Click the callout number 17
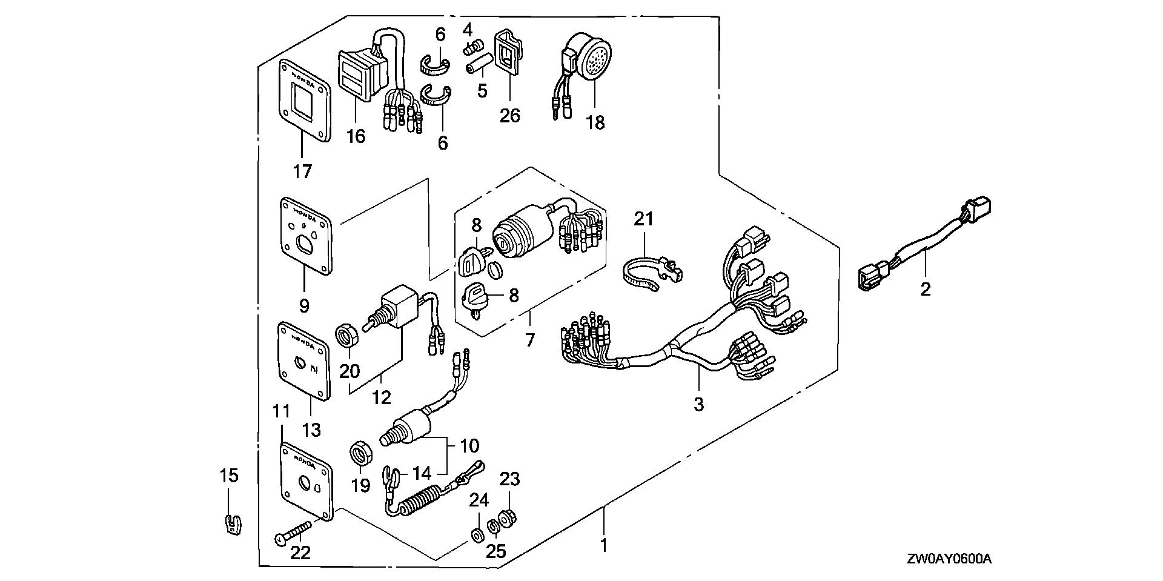[x=302, y=172]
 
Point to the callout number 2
[x=925, y=290]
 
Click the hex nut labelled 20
[x=348, y=334]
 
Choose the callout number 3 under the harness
[x=698, y=404]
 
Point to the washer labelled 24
[x=477, y=535]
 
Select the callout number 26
[x=510, y=115]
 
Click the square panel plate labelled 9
[x=306, y=239]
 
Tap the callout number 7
[x=530, y=340]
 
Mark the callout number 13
[x=311, y=431]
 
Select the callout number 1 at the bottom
[x=603, y=546]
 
